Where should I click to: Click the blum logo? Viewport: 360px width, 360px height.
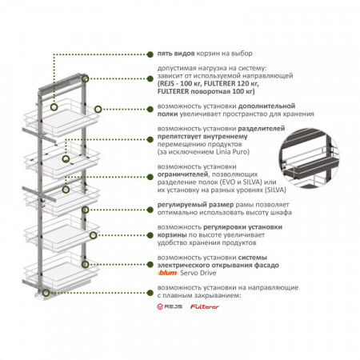(167, 273)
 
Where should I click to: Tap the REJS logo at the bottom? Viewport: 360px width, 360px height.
(170, 306)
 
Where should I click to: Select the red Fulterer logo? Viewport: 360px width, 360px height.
(205, 306)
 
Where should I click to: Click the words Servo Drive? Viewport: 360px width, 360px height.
(198, 273)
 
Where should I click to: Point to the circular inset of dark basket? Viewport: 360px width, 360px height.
(310, 158)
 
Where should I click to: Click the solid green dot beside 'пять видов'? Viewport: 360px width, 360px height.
(150, 54)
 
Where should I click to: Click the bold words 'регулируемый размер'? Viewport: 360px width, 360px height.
(195, 205)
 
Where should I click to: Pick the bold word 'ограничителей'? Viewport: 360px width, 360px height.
(182, 174)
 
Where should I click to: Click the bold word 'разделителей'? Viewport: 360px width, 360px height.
(262, 129)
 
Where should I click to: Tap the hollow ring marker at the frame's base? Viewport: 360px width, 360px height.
(46, 293)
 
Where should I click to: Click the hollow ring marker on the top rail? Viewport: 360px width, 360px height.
(85, 78)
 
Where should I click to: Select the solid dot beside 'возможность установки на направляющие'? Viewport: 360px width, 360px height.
(150, 293)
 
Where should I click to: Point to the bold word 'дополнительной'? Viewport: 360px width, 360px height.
(266, 106)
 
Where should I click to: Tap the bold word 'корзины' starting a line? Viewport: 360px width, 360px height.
(172, 235)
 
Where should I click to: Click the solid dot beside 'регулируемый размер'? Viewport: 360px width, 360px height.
(150, 210)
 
